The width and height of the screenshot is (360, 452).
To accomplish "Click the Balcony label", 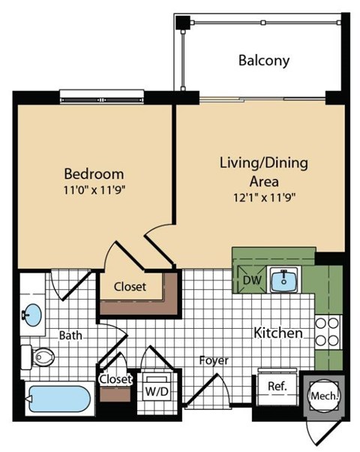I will pyautogui.click(x=263, y=61).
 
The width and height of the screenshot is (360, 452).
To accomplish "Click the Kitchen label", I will pyautogui.click(x=277, y=333).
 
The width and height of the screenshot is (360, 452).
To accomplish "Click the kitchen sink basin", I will pyautogui.click(x=284, y=281).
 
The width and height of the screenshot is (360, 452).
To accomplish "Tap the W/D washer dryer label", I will pyautogui.click(x=156, y=390).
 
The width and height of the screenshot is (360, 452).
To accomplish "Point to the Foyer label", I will pyautogui.click(x=213, y=361).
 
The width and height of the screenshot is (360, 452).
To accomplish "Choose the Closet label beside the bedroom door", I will pyautogui.click(x=130, y=286).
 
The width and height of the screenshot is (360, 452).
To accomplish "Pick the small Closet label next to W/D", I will pyautogui.click(x=115, y=379).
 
